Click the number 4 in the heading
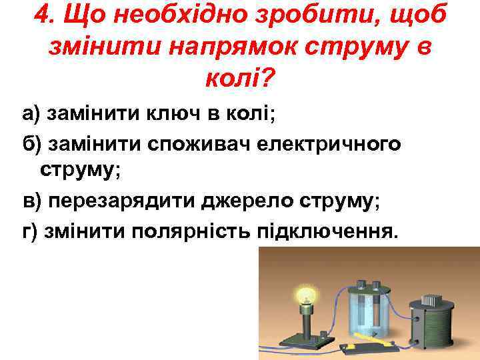click(41, 15)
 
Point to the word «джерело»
click(237, 201)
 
